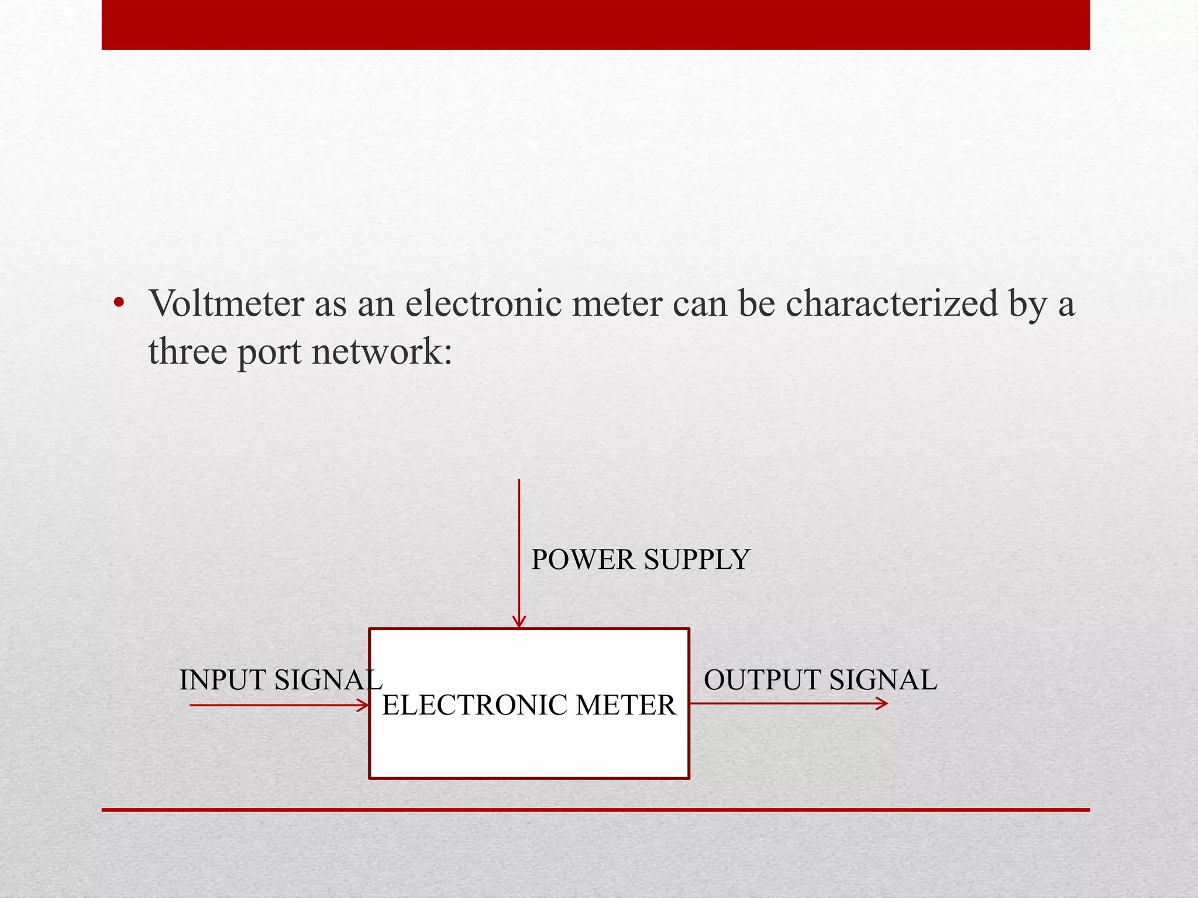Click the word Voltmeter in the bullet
pyautogui.click(x=226, y=304)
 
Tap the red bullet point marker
pyautogui.click(x=119, y=303)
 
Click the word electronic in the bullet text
pyautogui.click(x=483, y=304)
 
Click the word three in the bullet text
pyautogui.click(x=187, y=352)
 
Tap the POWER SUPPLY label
pyautogui.click(x=640, y=560)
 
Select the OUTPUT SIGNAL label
pyautogui.click(x=820, y=680)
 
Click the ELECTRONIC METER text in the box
pyautogui.click(x=529, y=705)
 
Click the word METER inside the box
pyautogui.click(x=625, y=705)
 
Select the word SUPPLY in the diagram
pyautogui.click(x=697, y=560)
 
